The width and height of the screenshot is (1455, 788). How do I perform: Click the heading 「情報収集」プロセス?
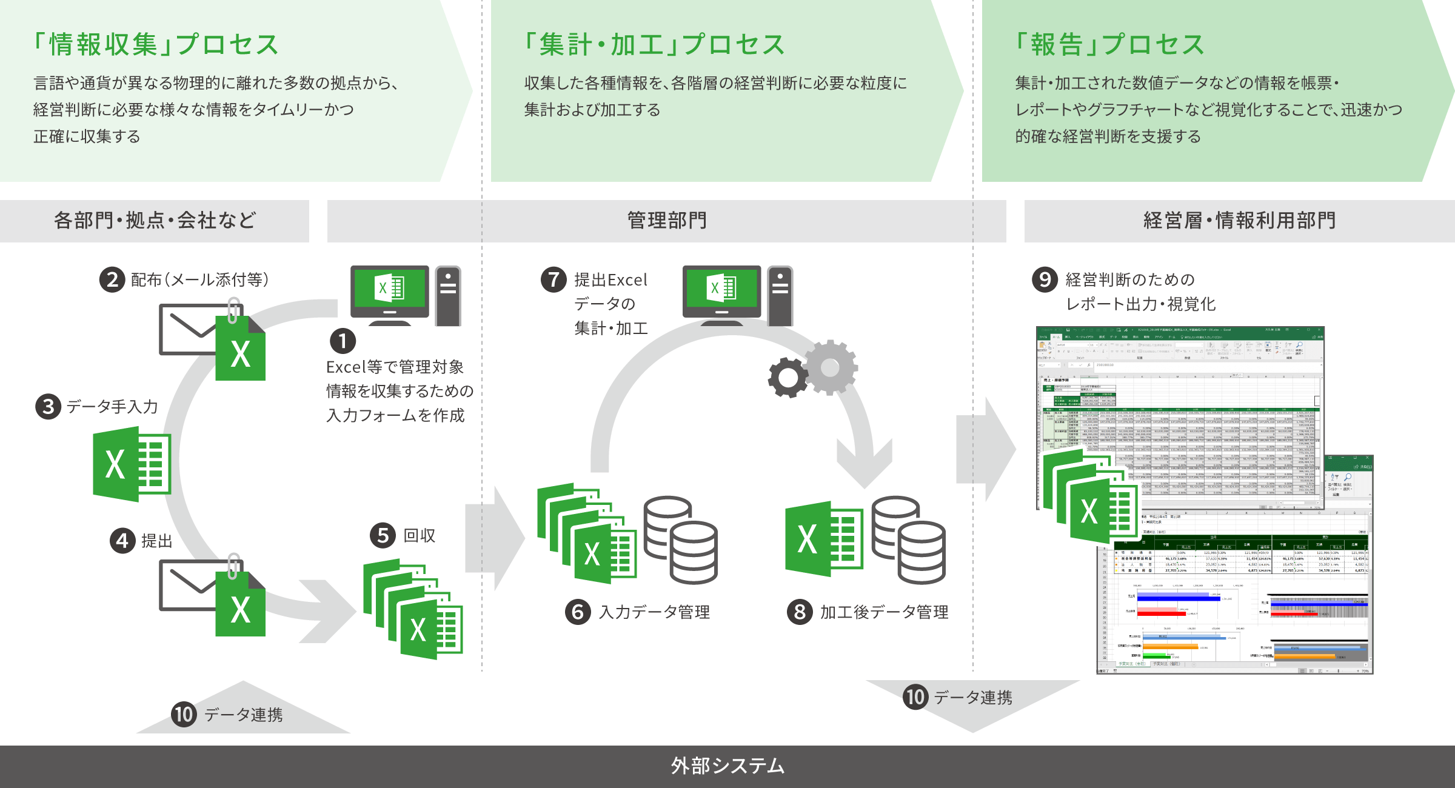point(156,45)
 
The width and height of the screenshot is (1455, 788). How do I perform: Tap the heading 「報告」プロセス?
point(1109,45)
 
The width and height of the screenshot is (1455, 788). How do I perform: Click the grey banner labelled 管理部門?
point(667,221)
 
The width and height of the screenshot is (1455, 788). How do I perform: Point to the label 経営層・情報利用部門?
point(1239,221)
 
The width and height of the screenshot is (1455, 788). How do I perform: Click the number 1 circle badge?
point(343,341)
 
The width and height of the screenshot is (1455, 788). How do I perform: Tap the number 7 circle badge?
point(553,280)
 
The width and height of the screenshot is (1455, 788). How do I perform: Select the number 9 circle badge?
point(1045,280)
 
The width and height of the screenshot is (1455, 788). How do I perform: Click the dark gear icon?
point(788,378)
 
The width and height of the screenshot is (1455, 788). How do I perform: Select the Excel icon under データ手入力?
point(132,464)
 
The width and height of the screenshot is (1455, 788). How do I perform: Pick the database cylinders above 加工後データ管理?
point(908,539)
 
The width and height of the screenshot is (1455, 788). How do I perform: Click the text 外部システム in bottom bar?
point(727,766)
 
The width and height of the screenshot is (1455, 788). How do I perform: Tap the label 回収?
point(420,536)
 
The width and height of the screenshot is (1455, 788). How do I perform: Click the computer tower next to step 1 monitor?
point(448,296)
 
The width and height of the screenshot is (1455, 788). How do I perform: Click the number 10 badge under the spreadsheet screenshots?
point(915,697)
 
